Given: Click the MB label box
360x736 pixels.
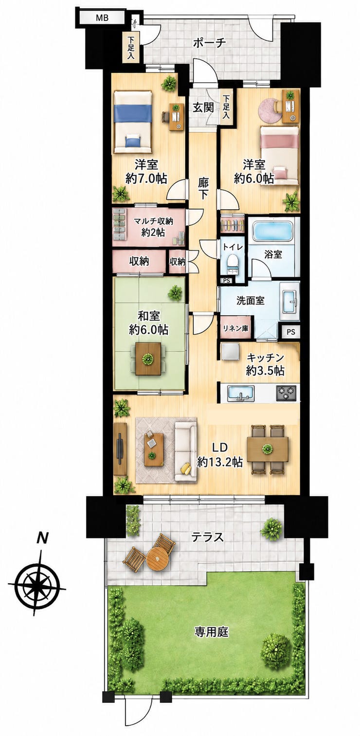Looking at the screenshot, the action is click(102, 18).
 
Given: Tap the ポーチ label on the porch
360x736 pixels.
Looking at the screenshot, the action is click(210, 43).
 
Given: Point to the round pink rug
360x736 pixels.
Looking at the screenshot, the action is click(270, 110).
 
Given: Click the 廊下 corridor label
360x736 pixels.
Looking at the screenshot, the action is click(203, 188).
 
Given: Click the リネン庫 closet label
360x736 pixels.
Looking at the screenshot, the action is click(235, 328).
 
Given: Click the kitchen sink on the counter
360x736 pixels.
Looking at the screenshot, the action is click(241, 393).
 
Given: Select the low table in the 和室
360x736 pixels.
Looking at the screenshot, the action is click(148, 358).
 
